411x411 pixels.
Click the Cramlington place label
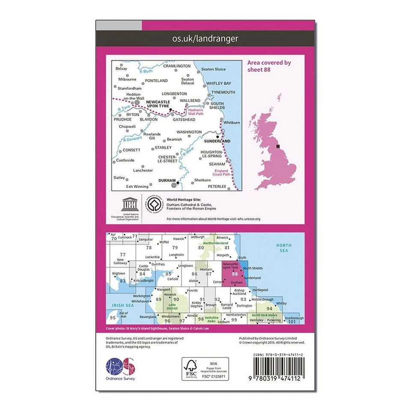(x=177, y=66)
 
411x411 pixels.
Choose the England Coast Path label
(x=221, y=173)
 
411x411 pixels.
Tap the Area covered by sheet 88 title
(x=269, y=66)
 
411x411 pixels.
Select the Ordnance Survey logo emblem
(x=120, y=367)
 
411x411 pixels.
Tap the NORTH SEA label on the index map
(x=283, y=248)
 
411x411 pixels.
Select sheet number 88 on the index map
(x=235, y=274)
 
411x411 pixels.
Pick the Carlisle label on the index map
(x=173, y=279)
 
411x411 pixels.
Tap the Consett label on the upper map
(x=131, y=150)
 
